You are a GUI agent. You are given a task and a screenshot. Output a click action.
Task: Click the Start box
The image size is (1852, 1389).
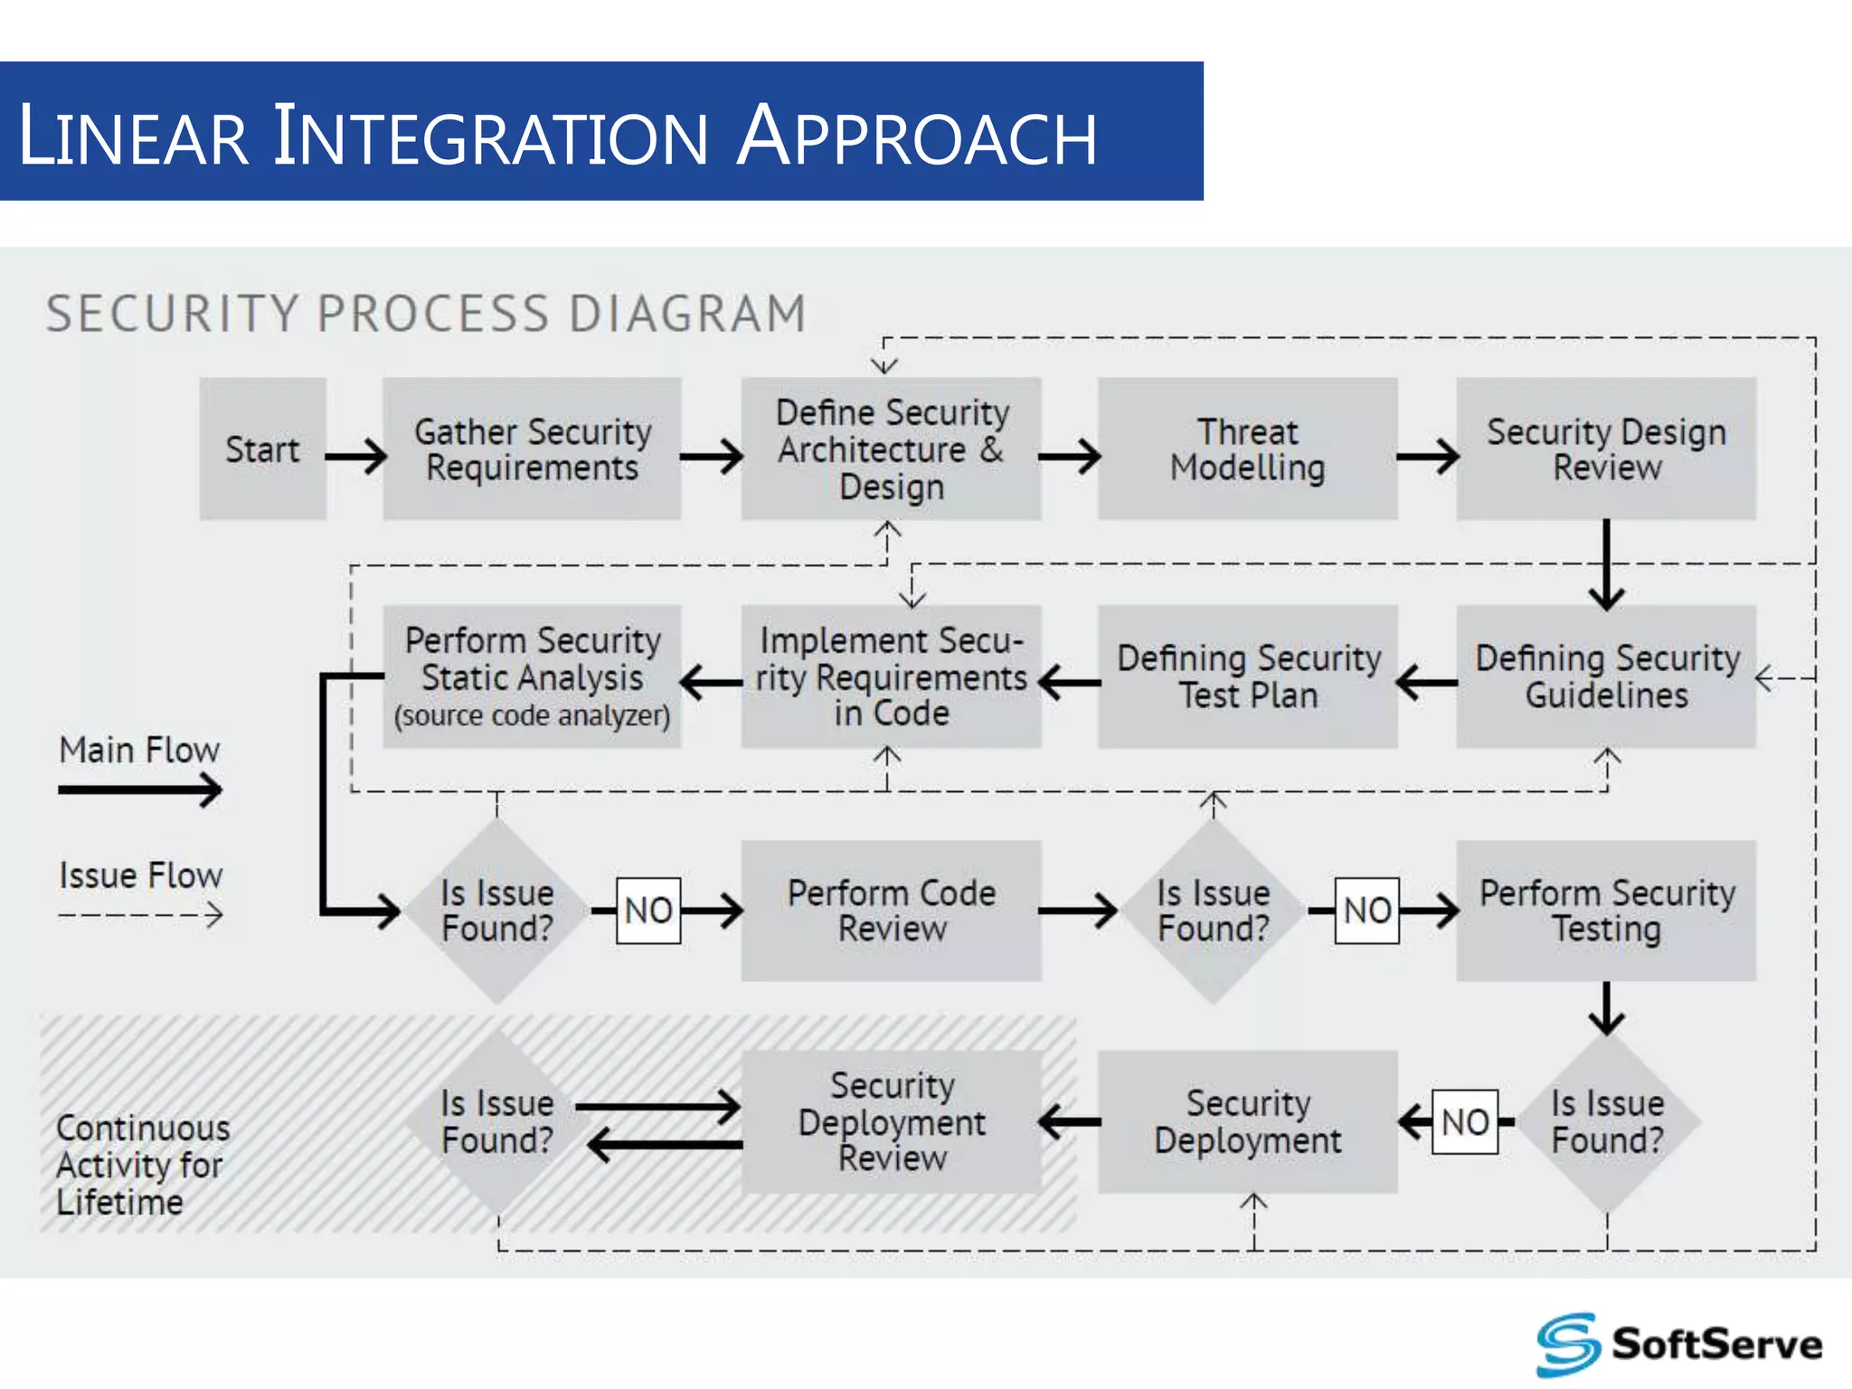(262, 449)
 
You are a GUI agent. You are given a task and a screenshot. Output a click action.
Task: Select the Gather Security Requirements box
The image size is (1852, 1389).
(532, 449)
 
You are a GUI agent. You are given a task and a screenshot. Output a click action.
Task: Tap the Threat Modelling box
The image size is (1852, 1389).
(1247, 449)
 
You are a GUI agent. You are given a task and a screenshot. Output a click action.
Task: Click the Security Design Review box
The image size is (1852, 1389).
(1606, 449)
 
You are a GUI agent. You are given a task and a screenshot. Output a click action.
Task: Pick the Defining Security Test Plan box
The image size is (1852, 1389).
(1247, 676)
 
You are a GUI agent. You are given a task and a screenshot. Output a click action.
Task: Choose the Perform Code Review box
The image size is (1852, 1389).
(891, 911)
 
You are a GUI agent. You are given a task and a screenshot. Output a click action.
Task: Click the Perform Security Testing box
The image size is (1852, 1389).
(1606, 911)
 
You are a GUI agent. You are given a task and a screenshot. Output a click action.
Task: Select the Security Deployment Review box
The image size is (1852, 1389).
(891, 1121)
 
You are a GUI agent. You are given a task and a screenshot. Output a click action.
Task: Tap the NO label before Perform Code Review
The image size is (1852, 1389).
(648, 911)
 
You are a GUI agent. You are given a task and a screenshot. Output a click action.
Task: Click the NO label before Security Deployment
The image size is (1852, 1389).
(1465, 1122)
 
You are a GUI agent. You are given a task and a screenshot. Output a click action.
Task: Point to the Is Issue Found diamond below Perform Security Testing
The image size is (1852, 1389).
(1607, 1122)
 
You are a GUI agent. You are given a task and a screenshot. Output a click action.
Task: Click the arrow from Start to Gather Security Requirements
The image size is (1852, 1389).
(356, 456)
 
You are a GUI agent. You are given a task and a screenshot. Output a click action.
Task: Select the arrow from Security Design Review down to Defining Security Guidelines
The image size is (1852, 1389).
(1606, 564)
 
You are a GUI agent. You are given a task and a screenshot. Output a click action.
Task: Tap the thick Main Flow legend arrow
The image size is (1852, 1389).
(140, 789)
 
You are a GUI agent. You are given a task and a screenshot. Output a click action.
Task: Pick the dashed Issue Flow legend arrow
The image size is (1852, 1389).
(140, 915)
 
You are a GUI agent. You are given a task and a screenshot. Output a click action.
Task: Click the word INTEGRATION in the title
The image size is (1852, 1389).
(491, 137)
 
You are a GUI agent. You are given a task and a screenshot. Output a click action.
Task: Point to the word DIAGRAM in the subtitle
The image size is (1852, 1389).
(687, 314)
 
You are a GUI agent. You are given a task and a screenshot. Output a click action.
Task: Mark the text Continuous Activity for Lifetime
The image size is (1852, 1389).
(142, 1165)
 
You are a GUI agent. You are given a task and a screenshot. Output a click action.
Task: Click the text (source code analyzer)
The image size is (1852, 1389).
(532, 716)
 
